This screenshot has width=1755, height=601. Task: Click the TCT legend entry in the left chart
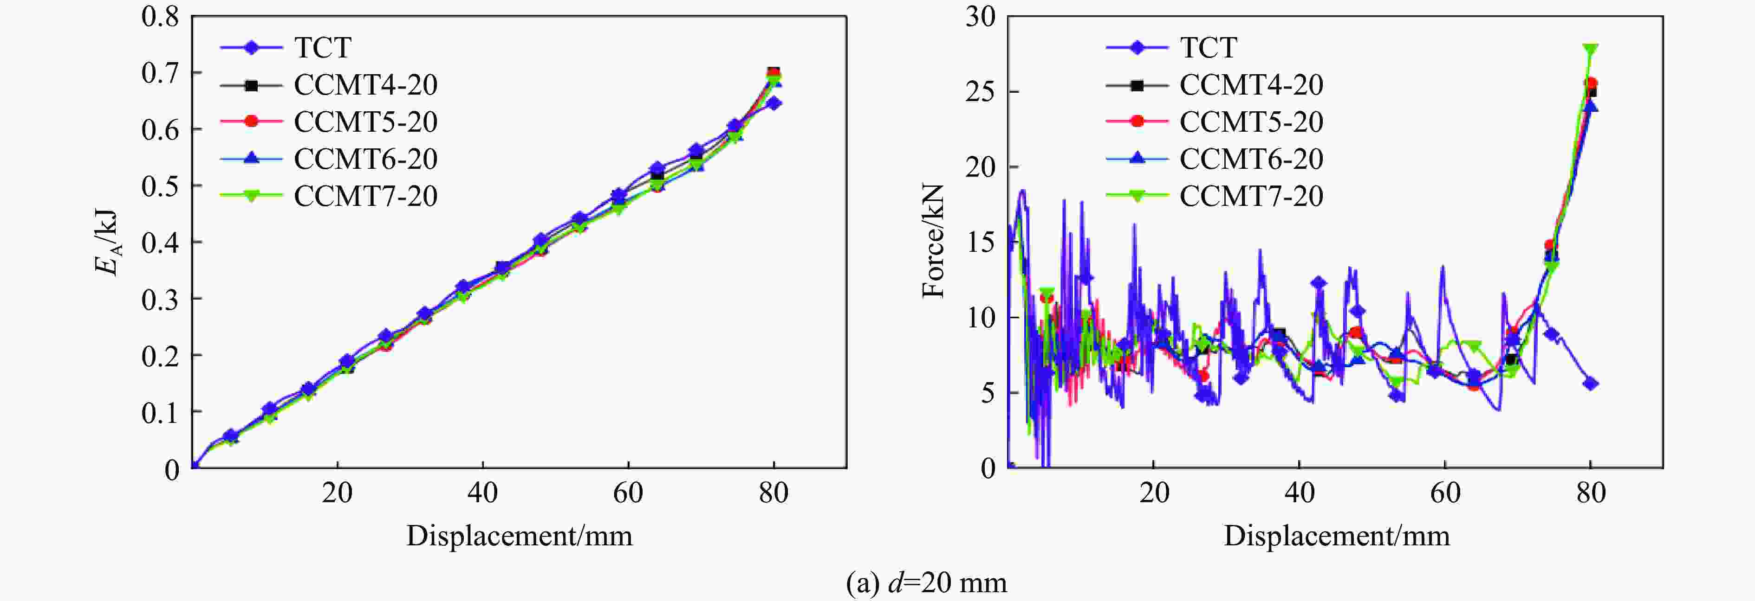[322, 48]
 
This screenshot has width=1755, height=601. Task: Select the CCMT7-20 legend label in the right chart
[1251, 196]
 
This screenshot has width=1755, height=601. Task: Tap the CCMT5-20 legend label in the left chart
[365, 122]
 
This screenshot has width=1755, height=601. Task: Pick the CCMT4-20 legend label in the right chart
[1251, 85]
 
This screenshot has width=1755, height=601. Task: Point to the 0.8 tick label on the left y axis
[160, 16]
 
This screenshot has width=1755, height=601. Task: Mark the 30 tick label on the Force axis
[981, 16]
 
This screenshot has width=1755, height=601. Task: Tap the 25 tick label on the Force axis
[981, 91]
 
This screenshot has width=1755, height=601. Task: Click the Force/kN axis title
[933, 241]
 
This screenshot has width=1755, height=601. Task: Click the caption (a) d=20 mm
[926, 582]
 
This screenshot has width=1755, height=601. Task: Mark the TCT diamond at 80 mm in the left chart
[773, 103]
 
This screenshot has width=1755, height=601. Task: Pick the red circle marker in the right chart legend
[1137, 121]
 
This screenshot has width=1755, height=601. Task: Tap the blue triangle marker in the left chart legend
[251, 159]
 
